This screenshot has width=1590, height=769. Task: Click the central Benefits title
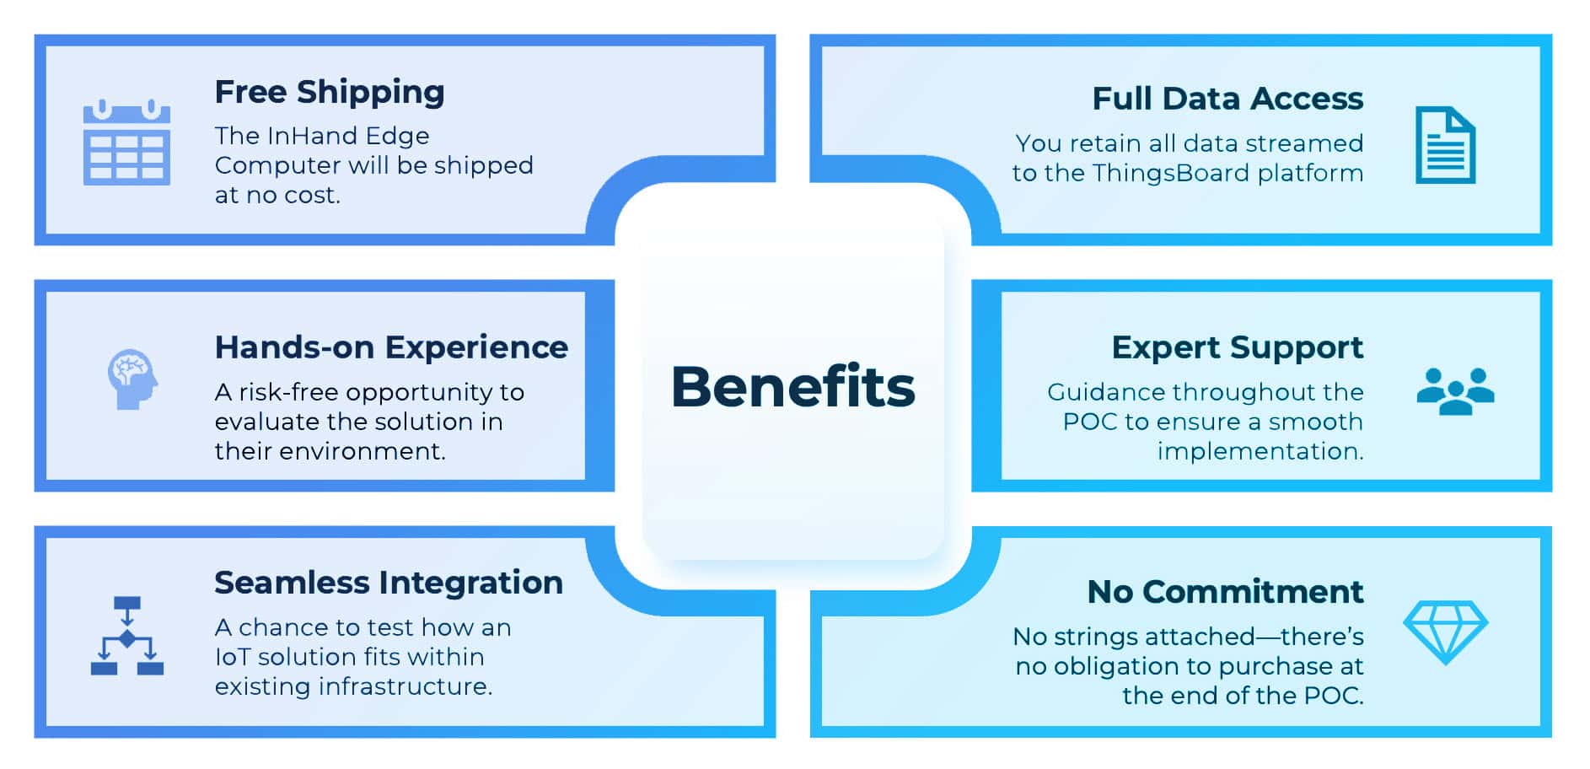pyautogui.click(x=792, y=386)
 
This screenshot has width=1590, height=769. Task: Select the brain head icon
pyautogui.click(x=132, y=379)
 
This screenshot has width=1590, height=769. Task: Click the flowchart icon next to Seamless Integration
pyautogui.click(x=127, y=636)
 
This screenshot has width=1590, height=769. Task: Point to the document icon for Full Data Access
pyautogui.click(x=1445, y=145)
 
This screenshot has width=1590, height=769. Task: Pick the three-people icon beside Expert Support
pyautogui.click(x=1455, y=391)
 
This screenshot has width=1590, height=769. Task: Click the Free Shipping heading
pyautogui.click(x=330, y=93)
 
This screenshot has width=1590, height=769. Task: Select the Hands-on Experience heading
pyautogui.click(x=391, y=347)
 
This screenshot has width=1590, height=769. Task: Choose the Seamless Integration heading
pyautogui.click(x=389, y=583)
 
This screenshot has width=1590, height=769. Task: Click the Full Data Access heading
pyautogui.click(x=1227, y=99)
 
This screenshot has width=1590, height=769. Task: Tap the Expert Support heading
pyautogui.click(x=1237, y=348)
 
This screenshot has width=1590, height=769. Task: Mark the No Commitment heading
pyautogui.click(x=1225, y=592)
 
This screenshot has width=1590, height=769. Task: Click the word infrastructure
pyautogui.click(x=406, y=686)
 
